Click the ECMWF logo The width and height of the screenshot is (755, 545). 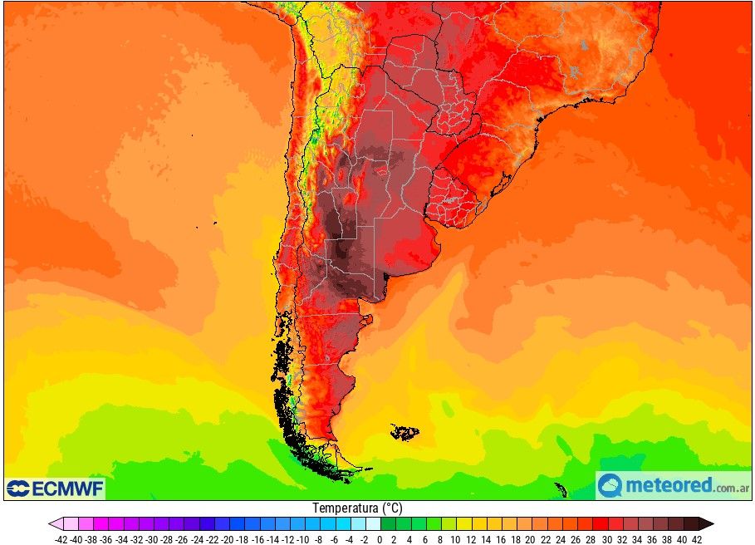pyautogui.click(x=55, y=489)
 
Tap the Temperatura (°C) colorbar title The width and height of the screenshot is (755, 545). pyautogui.click(x=357, y=508)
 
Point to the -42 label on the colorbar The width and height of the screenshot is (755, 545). pyautogui.click(x=60, y=539)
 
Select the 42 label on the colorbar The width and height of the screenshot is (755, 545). pyautogui.click(x=697, y=539)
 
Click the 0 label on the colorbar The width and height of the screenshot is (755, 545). pyautogui.click(x=379, y=539)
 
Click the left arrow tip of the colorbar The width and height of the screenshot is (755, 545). pyautogui.click(x=51, y=523)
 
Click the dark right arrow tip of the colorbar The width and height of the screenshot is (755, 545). pyautogui.click(x=710, y=523)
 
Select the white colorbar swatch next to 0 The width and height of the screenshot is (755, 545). pyautogui.click(x=373, y=523)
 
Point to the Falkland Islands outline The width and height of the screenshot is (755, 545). pyautogui.click(x=405, y=432)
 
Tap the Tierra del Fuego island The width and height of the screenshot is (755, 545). pyautogui.click(x=336, y=453)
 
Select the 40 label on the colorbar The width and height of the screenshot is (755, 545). pyautogui.click(x=681, y=539)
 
